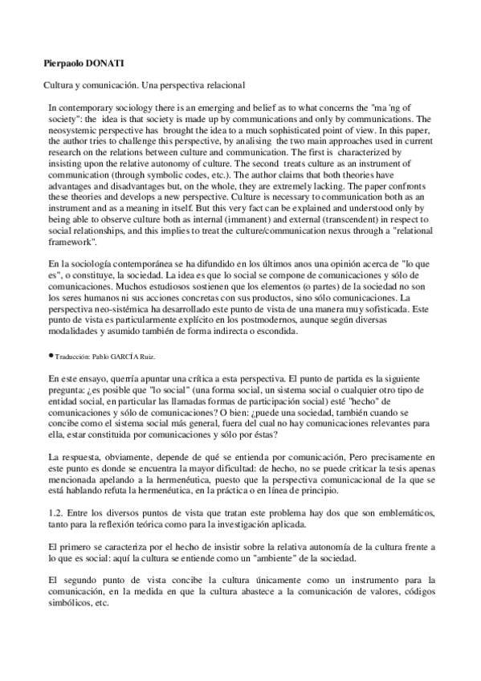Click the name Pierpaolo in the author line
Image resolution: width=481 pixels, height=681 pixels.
[64, 61]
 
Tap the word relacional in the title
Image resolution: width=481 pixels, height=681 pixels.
[222, 84]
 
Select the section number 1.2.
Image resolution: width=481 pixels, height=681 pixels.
[55, 513]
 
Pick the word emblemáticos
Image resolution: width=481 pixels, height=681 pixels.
[397, 513]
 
